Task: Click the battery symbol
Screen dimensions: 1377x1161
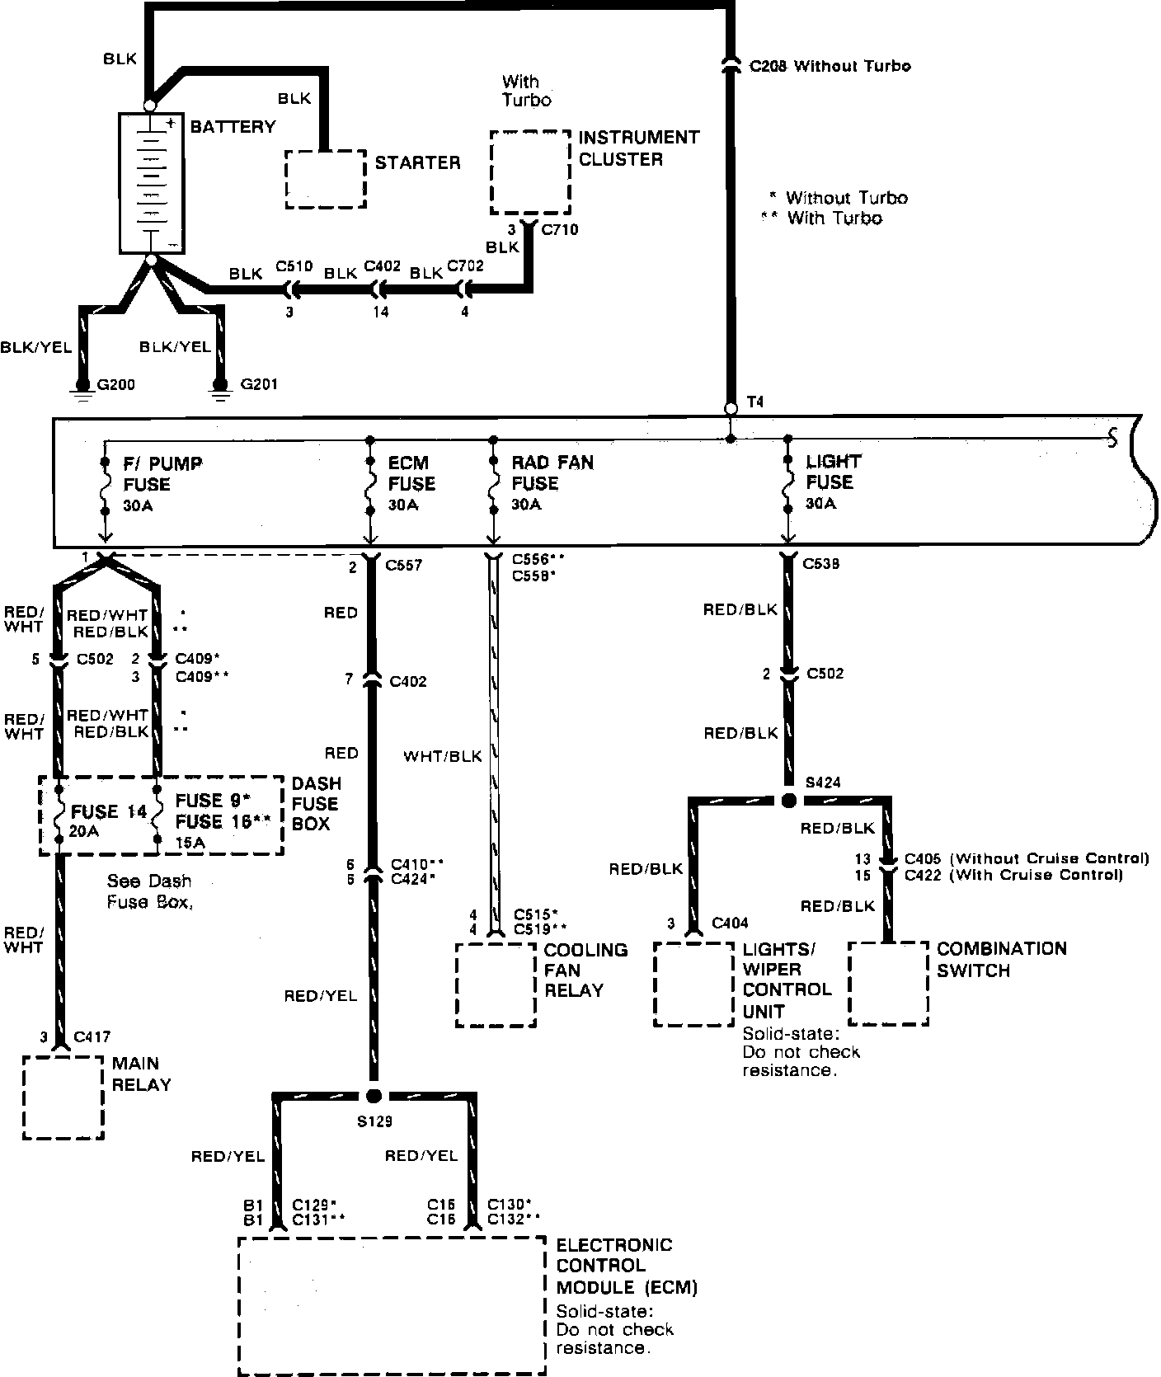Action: [x=151, y=183]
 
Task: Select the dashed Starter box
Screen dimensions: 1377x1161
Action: [x=326, y=179]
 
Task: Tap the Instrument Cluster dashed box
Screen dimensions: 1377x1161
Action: [x=530, y=172]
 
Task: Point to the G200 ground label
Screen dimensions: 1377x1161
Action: [x=116, y=384]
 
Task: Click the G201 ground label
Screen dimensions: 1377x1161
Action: [x=258, y=384]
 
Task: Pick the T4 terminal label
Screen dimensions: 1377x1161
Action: [x=754, y=402]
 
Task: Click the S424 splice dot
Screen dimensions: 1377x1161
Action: [x=788, y=801]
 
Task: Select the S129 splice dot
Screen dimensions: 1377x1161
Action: [x=374, y=1096]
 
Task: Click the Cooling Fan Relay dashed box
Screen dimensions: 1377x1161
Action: [x=496, y=985]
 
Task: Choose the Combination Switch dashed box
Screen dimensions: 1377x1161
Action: [x=888, y=984]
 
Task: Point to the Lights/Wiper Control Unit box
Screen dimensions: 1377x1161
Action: [x=693, y=985]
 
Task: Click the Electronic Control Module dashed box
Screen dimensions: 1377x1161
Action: [x=392, y=1304]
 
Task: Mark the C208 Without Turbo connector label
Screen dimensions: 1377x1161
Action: [x=830, y=66]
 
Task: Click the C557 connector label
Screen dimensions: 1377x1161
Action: [x=404, y=566]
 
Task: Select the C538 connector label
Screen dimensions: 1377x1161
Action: [x=821, y=564]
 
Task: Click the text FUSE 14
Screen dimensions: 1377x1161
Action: [x=109, y=811]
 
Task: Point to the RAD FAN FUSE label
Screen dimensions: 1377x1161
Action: [x=552, y=472]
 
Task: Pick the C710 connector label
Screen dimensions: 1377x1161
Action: [x=559, y=230]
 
